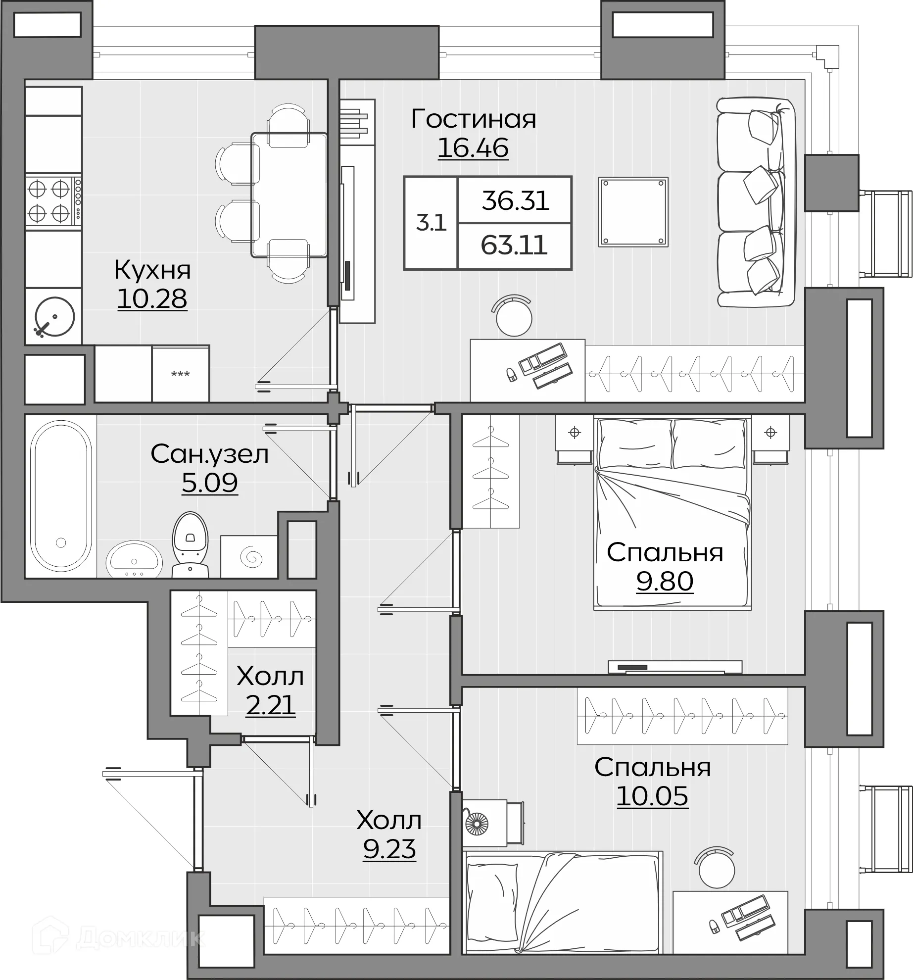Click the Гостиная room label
474,119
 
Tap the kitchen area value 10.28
152,298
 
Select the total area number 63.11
515,245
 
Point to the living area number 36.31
516,200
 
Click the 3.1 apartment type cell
431,223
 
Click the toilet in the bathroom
190,544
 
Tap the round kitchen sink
54,317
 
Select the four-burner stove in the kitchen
53,201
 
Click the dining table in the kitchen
289,195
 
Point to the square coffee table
633,212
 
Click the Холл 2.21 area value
271,705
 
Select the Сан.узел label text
210,454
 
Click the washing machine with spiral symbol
249,557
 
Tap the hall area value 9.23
389,849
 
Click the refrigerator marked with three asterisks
181,374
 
